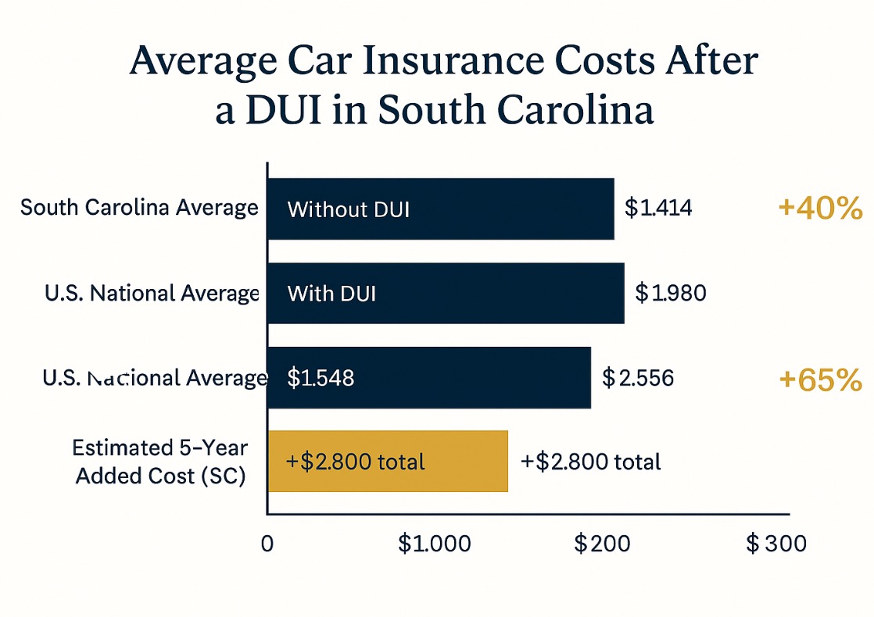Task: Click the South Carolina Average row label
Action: coord(139,208)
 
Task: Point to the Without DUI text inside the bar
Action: coord(349,209)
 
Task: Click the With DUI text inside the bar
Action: coord(331,294)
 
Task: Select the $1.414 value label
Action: coord(658,209)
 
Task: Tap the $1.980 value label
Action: coord(670,293)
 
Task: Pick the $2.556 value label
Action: coord(638,378)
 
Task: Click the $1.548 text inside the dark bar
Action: coord(321,378)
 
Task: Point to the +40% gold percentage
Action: coord(820,209)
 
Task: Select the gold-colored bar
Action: coord(388,461)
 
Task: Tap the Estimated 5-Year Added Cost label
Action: coord(160,462)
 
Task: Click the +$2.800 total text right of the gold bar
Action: coord(590,461)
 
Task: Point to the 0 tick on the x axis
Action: coord(267,544)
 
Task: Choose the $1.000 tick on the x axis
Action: coord(435,544)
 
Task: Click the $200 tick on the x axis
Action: coord(603,544)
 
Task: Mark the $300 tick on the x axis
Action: coord(775,544)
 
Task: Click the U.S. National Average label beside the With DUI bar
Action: coord(151,293)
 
